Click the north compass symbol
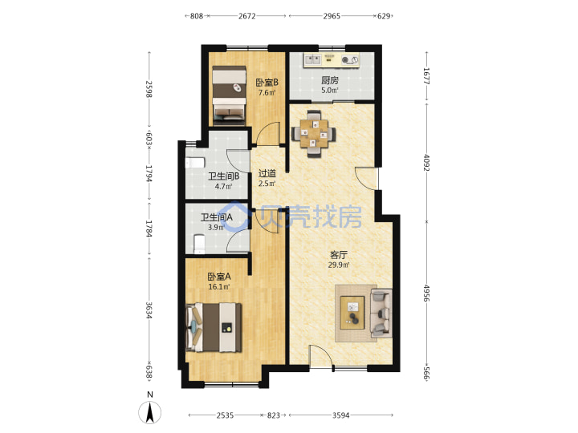(x=149, y=412)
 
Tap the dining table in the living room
(x=314, y=134)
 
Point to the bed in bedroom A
(x=214, y=327)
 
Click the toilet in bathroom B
(x=194, y=162)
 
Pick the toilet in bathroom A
(x=199, y=244)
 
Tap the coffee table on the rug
(x=352, y=313)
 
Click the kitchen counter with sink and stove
(x=332, y=60)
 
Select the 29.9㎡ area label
(x=339, y=265)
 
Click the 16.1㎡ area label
(x=219, y=286)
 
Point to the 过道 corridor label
(x=267, y=173)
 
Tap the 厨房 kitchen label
(x=330, y=80)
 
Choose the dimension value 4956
(x=426, y=293)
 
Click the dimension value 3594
(x=340, y=415)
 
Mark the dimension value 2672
(x=247, y=16)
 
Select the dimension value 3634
(x=149, y=310)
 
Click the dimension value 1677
(x=426, y=76)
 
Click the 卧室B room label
(x=267, y=82)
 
